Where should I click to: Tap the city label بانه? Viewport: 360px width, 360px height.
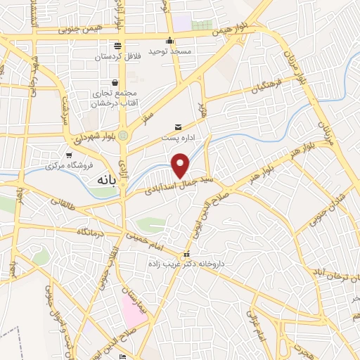tap(103, 179)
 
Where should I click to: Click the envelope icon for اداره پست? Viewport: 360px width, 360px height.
tap(177, 127)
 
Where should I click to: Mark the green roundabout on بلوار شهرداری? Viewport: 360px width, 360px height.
tap(124, 135)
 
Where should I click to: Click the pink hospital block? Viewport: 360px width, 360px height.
tap(134, 310)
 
